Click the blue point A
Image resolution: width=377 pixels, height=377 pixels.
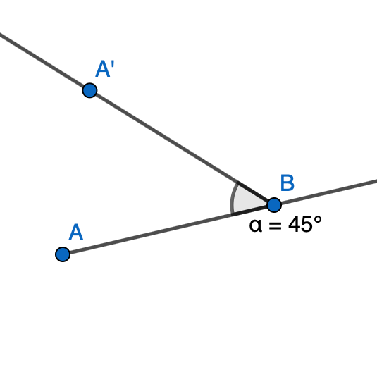(63, 254)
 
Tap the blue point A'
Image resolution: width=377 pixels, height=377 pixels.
(89, 90)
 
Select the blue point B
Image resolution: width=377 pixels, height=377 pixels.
(274, 205)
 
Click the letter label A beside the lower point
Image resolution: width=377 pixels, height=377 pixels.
(75, 233)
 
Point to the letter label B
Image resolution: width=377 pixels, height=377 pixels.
(288, 183)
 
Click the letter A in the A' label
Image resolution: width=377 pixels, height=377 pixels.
(103, 69)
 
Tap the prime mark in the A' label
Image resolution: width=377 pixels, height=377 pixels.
(113, 64)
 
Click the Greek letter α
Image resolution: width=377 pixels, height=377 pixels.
(255, 225)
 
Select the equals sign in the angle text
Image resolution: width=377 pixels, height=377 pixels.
(275, 225)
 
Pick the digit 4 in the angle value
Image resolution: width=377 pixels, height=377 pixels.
(295, 224)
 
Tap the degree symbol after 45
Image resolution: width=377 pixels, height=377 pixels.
(317, 220)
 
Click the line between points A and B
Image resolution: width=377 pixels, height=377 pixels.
(168, 230)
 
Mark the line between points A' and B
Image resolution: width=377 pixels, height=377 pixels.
(182, 147)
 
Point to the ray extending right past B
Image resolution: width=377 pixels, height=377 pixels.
(326, 192)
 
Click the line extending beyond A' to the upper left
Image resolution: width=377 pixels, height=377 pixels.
(44, 62)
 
